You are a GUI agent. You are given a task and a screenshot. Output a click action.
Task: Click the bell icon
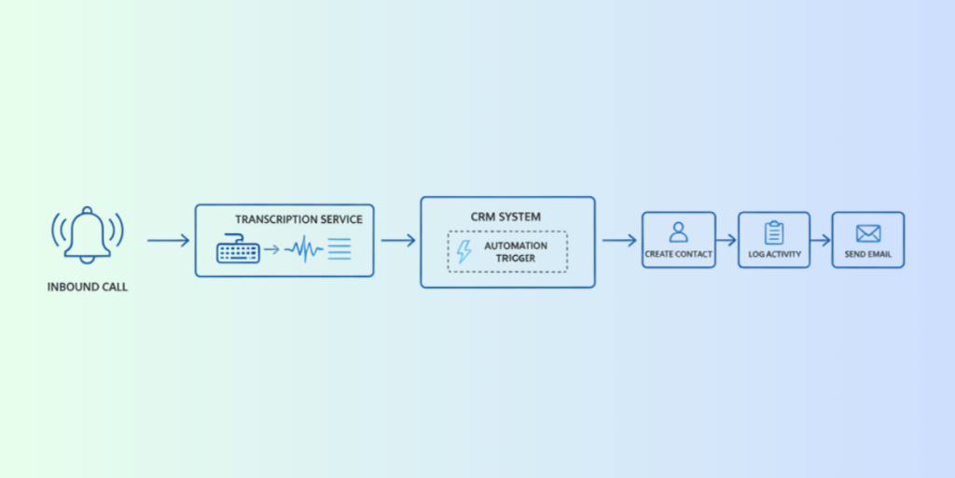(87, 235)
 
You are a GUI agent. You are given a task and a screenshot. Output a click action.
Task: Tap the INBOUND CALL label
(88, 288)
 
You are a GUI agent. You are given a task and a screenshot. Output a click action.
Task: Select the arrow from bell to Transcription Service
(168, 241)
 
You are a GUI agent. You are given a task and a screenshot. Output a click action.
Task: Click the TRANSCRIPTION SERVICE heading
(299, 219)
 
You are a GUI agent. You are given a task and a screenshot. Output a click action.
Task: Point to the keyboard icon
(238, 248)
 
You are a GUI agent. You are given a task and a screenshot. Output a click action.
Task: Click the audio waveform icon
(304, 248)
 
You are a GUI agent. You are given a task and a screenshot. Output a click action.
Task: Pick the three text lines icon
(339, 248)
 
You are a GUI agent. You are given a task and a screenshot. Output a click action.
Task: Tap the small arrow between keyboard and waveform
(271, 248)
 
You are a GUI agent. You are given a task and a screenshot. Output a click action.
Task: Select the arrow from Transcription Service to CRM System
(398, 240)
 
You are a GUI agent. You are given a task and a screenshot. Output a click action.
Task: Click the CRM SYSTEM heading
(505, 217)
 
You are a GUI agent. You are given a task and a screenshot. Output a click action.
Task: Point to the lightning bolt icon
(464, 251)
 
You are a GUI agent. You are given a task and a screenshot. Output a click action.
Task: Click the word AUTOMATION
(516, 246)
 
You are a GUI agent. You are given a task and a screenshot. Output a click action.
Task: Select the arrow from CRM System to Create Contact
(619, 240)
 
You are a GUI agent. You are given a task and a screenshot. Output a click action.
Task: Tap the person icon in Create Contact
(679, 232)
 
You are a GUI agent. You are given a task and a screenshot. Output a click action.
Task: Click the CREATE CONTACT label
(679, 254)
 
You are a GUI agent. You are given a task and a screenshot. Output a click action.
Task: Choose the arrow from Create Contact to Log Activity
(727, 240)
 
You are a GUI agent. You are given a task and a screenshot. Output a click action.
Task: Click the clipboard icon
(774, 232)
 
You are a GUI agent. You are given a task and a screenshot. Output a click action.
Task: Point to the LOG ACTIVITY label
(774, 254)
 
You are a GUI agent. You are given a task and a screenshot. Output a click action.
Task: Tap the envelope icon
(868, 232)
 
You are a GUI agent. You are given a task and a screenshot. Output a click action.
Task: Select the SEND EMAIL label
(868, 254)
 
